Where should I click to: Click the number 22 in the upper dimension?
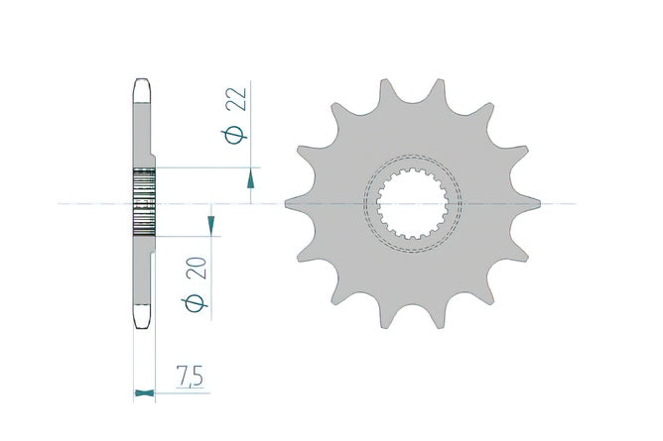click(x=236, y=99)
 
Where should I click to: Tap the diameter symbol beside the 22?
click(x=234, y=135)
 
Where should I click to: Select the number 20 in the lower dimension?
click(x=197, y=268)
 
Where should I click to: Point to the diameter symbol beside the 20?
click(x=195, y=303)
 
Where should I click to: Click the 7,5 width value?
click(x=190, y=377)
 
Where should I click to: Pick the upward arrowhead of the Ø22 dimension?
click(x=251, y=178)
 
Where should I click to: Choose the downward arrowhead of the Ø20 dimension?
click(x=211, y=226)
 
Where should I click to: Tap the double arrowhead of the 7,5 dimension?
click(x=144, y=393)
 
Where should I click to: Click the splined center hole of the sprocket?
click(x=412, y=203)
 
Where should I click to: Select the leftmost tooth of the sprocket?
click(x=296, y=204)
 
